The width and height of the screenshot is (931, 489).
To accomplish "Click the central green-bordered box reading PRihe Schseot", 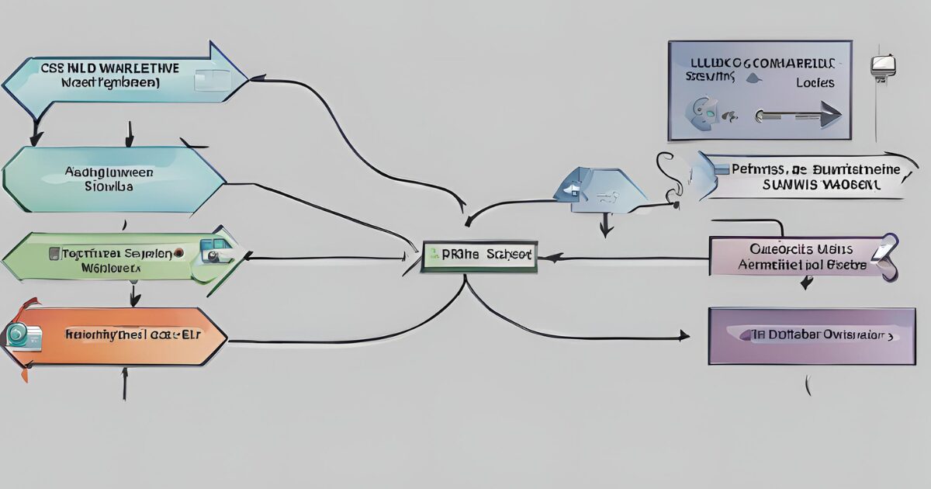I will [x=479, y=255].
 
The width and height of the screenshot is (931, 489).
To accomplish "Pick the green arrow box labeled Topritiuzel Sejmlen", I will [x=116, y=259].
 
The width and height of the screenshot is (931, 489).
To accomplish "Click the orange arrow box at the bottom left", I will [x=116, y=336].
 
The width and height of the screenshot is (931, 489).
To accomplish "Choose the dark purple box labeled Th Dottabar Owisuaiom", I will [x=812, y=335].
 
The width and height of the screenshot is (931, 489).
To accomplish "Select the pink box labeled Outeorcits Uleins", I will [x=799, y=257].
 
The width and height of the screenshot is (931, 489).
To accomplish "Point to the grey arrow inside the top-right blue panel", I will [x=799, y=116].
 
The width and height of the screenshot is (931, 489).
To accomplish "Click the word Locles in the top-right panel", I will [x=815, y=82].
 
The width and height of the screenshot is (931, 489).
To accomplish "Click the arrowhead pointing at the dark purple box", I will [x=684, y=336].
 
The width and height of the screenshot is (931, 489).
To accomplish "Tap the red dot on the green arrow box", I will [x=179, y=252].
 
